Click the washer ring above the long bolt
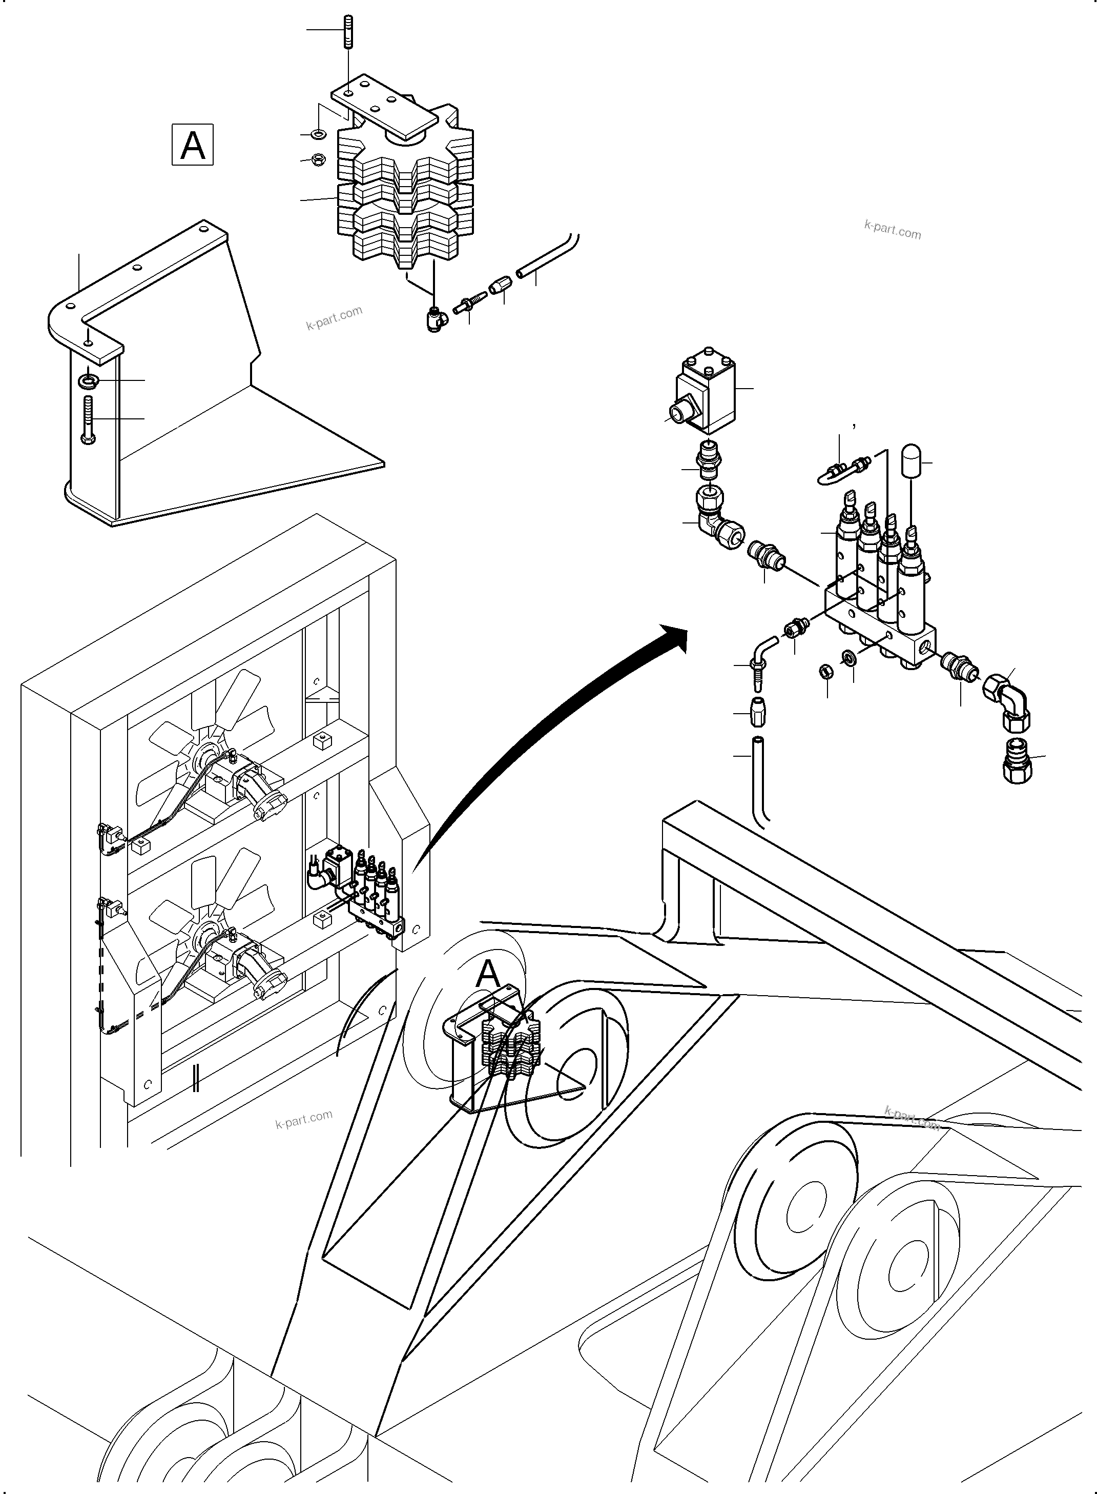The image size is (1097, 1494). tap(87, 380)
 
